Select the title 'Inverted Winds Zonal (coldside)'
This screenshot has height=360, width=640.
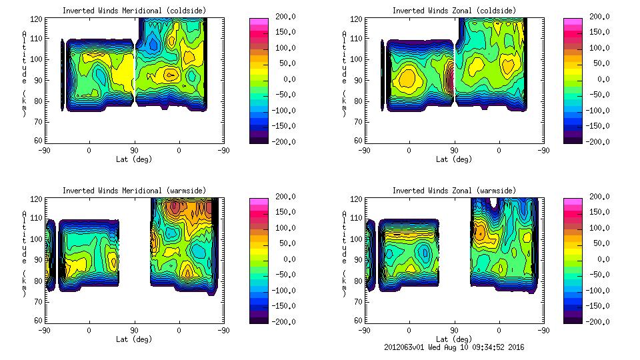[453, 11]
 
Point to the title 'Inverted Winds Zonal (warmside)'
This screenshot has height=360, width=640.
[453, 191]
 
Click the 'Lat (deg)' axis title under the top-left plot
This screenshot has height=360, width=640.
[134, 159]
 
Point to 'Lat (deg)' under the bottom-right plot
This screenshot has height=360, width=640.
[454, 339]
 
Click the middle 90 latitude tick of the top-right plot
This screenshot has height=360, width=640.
[454, 151]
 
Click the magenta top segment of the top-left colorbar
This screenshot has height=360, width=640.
[258, 22]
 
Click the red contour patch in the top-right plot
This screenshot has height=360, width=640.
[450, 78]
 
